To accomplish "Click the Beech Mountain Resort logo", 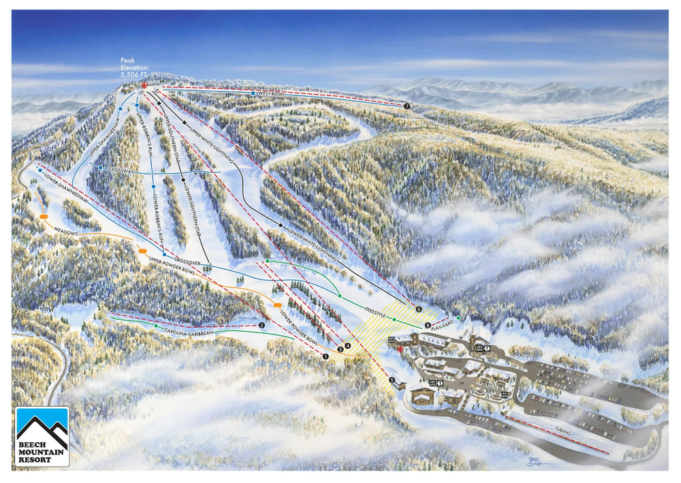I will tap(42, 437).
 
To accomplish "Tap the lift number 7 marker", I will tap(407, 106).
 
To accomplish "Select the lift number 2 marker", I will tap(262, 325).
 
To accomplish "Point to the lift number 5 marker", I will tap(392, 379).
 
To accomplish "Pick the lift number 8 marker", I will tap(428, 325).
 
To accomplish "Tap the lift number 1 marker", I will tap(326, 355).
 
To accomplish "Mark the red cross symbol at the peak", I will tap(144, 85).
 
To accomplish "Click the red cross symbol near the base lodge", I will tap(400, 349).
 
